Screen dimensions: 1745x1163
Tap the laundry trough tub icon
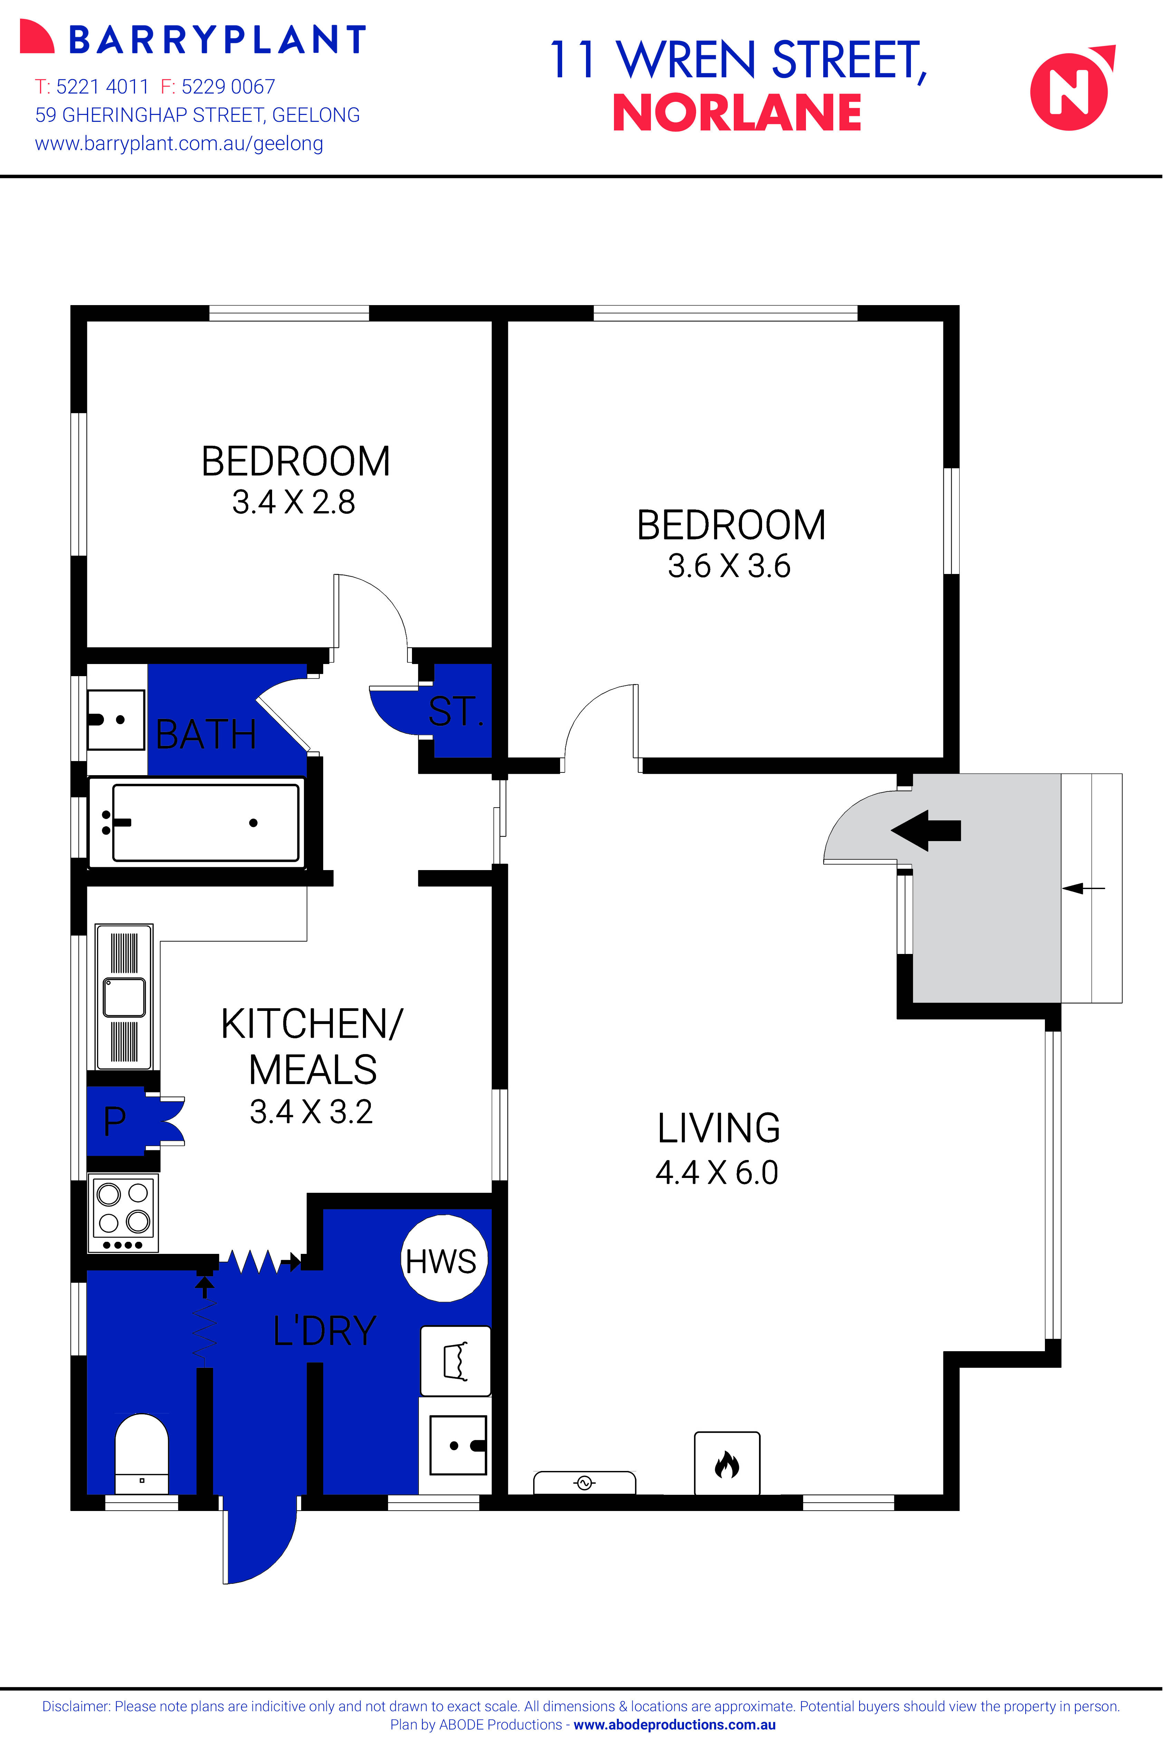[x=455, y=1361]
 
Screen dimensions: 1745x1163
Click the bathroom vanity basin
[x=116, y=719]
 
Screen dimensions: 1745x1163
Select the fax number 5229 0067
[x=228, y=87]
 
